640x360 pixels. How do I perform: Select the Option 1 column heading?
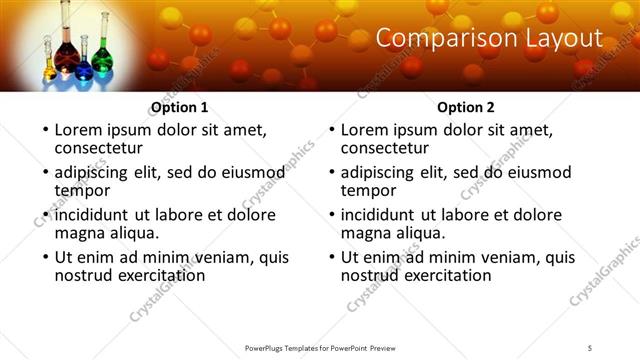tap(179, 107)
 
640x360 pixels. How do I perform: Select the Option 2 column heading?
tap(466, 107)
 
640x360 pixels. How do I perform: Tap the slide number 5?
tap(591, 347)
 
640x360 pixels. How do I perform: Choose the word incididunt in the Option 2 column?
tap(377, 214)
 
